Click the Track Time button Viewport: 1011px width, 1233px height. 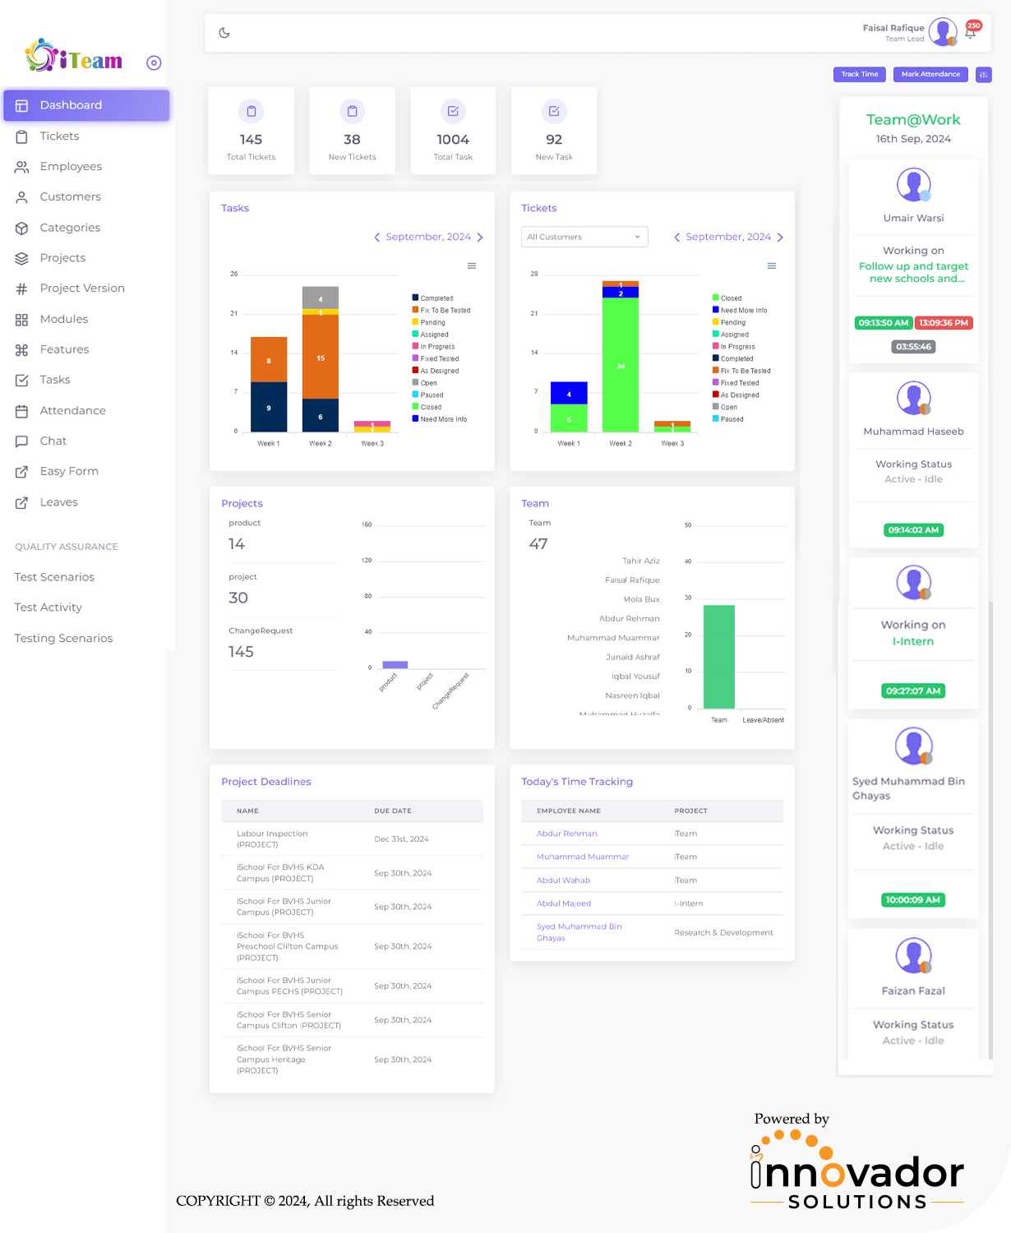(x=859, y=74)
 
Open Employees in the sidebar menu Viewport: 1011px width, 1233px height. (x=71, y=167)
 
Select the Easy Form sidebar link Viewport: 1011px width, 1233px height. (x=69, y=472)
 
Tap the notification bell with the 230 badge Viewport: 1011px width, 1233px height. (x=971, y=32)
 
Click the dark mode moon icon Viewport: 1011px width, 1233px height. (x=224, y=33)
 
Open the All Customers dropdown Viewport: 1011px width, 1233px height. (x=584, y=237)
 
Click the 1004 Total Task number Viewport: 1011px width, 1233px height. (x=453, y=140)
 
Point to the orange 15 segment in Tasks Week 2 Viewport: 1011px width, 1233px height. (x=321, y=358)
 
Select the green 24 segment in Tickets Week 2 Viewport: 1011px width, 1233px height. (x=621, y=366)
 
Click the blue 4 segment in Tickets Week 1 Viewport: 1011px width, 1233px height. (x=569, y=394)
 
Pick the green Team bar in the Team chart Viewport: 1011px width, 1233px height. (x=719, y=657)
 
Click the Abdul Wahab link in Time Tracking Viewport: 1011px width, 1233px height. (x=563, y=880)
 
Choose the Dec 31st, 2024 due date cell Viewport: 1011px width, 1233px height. (x=401, y=839)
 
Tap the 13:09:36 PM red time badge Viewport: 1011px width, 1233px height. (x=943, y=323)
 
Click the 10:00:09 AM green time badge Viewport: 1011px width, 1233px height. (x=913, y=900)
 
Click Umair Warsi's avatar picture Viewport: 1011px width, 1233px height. (x=913, y=185)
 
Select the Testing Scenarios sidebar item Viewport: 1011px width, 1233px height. (x=63, y=639)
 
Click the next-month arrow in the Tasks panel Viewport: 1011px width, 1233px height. (x=480, y=238)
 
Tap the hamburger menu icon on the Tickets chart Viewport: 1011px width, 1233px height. (x=772, y=266)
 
